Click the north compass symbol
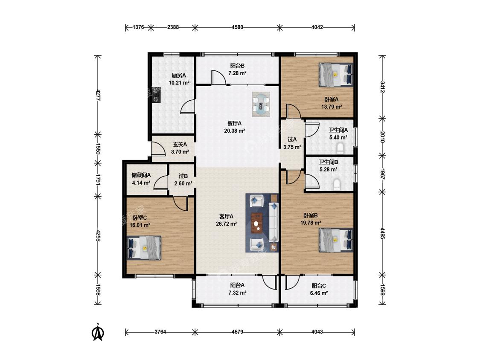[98, 332]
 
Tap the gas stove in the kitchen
[157, 95]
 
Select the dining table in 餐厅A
[261, 104]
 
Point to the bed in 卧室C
[144, 248]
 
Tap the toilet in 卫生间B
[337, 185]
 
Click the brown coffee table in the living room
[257, 223]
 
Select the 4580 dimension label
[237, 27]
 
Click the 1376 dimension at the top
[138, 27]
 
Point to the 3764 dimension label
[160, 332]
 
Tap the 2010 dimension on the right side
[382, 137]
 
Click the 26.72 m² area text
[226, 224]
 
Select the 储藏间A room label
[141, 175]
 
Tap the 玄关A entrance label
[180, 144]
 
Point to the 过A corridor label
[292, 139]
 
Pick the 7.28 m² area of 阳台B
[237, 73]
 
